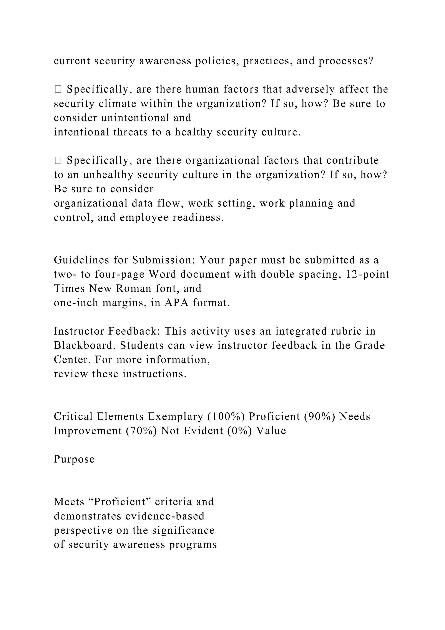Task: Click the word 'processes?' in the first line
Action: point(346,61)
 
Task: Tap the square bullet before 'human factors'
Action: point(58,89)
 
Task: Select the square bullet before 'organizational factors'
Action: point(58,160)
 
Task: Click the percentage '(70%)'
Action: point(141,431)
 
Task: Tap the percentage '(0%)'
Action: point(240,431)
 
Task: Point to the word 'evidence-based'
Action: point(165,516)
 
